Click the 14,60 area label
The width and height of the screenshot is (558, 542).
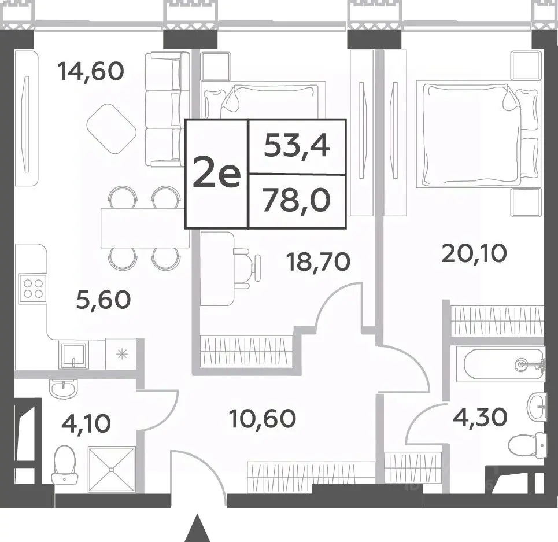coord(91,71)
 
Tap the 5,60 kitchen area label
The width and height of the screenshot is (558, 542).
coord(104,300)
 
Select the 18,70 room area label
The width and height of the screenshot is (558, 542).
coord(318,262)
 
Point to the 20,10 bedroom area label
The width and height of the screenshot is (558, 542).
coord(474,254)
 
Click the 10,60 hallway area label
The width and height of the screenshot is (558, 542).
coord(263,418)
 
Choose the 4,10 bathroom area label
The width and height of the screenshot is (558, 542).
coord(86,423)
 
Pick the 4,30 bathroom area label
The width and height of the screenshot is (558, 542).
coord(480,416)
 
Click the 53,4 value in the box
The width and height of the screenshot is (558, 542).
coord(297,146)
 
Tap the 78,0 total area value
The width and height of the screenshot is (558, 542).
coord(297,201)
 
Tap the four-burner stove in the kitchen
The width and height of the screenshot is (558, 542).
coord(33,288)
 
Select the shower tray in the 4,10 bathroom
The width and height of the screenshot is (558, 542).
coord(112,470)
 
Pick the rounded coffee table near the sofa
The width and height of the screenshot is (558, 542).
coord(112,129)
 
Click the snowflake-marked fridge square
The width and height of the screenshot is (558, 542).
coord(121,354)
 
